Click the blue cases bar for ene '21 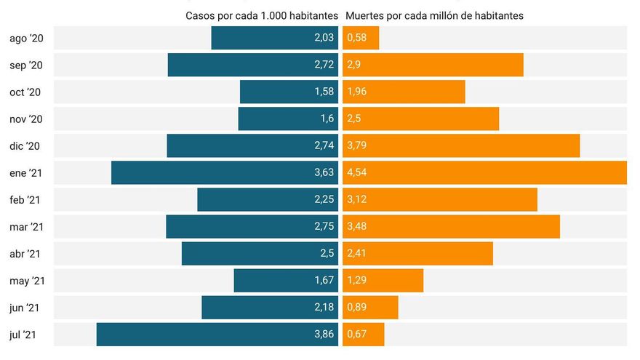[x=225, y=173]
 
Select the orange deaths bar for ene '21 [x=485, y=173]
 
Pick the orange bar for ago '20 [x=361, y=39]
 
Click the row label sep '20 [x=26, y=65]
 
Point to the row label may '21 [x=28, y=281]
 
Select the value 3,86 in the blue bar [x=324, y=335]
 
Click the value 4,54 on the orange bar [x=357, y=173]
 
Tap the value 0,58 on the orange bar [x=357, y=39]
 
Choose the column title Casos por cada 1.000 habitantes [x=262, y=15]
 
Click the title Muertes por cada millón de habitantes [x=434, y=15]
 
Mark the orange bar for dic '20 [x=462, y=146]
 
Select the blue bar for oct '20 [x=289, y=92]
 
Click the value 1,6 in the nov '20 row [x=327, y=119]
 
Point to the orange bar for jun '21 [x=371, y=308]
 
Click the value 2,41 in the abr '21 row [x=357, y=254]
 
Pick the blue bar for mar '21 [x=252, y=227]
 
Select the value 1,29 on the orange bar [x=357, y=281]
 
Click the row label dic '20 [x=25, y=146]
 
